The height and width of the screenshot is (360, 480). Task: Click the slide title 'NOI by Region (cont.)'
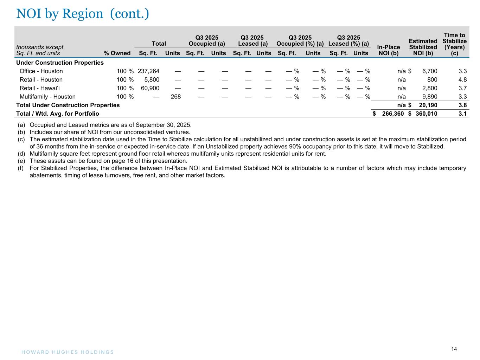tap(83, 14)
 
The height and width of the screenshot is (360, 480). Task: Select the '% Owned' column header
tap(117, 53)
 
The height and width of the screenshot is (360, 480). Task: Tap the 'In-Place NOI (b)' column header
tap(388, 50)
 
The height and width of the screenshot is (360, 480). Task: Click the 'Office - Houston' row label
tap(41, 71)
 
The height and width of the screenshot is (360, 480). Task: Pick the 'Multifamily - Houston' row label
tap(47, 97)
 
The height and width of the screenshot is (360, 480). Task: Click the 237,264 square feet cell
tap(149, 71)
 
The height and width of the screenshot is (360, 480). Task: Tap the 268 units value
tap(175, 97)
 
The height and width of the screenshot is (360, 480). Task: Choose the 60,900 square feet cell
tap(150, 88)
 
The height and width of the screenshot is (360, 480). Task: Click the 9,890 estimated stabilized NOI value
tap(430, 97)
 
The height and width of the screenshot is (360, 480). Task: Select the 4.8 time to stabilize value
tap(462, 80)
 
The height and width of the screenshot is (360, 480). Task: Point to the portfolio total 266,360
tap(393, 114)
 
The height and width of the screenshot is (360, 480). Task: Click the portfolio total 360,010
tap(427, 114)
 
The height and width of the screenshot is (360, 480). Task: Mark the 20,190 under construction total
tap(428, 105)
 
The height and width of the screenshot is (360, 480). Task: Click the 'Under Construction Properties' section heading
tap(60, 63)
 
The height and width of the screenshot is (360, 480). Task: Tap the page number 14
tap(454, 349)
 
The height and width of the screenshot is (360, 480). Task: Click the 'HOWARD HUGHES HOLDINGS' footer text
tap(65, 352)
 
